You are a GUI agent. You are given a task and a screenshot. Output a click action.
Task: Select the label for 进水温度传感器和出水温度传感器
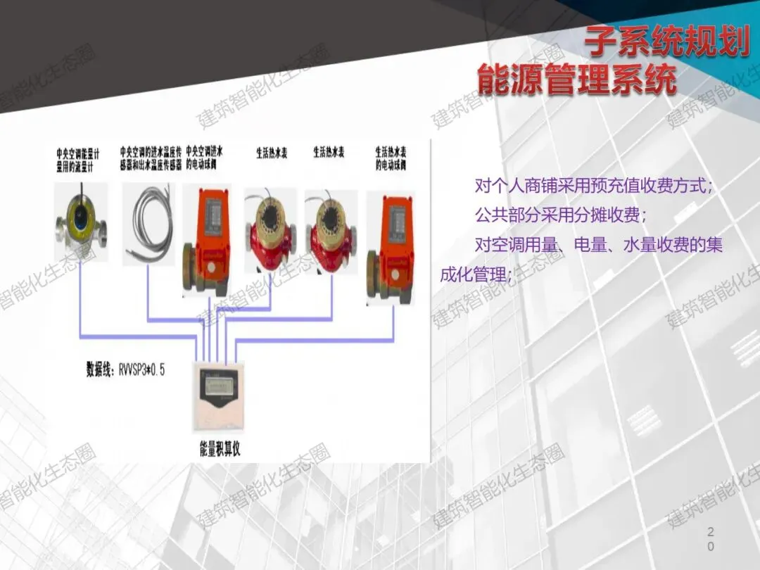[x=151, y=159]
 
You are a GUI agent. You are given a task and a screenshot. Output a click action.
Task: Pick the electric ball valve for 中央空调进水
[x=205, y=239]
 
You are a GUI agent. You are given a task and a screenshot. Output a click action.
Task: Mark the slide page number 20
[x=711, y=538]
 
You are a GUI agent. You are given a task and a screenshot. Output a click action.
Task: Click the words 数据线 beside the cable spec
[x=98, y=369]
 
